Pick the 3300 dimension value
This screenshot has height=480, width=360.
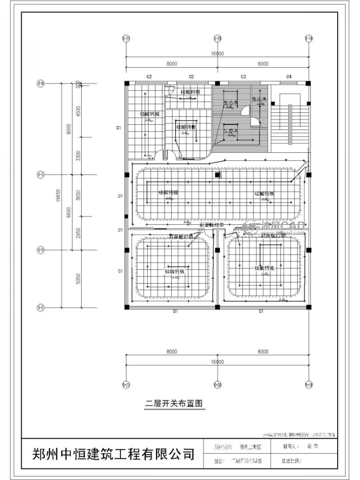[x=79, y=155]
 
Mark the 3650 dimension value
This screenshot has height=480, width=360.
[x=79, y=195]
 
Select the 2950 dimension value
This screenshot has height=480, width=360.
[x=79, y=233]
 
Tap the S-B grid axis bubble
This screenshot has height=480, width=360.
[x=41, y=83]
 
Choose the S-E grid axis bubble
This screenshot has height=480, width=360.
[x=41, y=307]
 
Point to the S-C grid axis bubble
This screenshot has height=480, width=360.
[x=41, y=174]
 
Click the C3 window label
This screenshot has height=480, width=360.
[x=243, y=77]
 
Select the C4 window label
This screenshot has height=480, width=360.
[x=289, y=77]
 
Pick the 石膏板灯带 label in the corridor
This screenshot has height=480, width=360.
[x=212, y=224]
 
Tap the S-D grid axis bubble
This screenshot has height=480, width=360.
[x=41, y=250]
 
